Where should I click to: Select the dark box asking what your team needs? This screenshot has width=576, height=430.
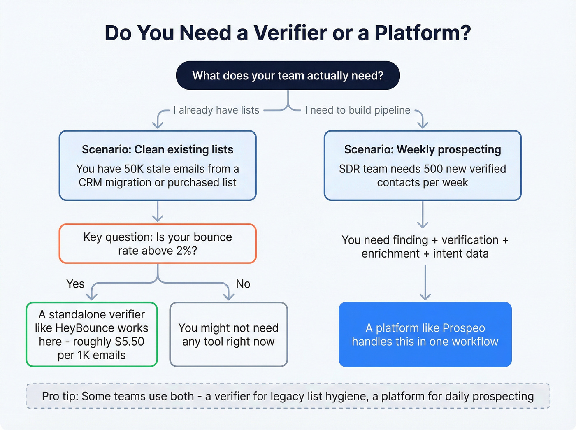[288, 76]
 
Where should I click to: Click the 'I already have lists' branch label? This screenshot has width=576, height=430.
[216, 110]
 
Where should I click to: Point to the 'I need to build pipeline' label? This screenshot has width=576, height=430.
[358, 110]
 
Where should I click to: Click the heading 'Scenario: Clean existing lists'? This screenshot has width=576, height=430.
[158, 149]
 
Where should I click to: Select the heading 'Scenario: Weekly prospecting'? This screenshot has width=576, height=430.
[423, 149]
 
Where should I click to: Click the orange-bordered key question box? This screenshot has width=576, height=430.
[158, 244]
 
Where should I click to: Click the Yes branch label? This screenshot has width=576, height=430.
[75, 284]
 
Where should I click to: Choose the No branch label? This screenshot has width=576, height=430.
[243, 284]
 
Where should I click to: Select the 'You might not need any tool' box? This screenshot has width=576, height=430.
[228, 335]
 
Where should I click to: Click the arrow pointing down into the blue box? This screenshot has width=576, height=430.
[425, 284]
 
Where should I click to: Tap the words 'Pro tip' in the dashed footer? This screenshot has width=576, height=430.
[60, 396]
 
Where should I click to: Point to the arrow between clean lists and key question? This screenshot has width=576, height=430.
[158, 212]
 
